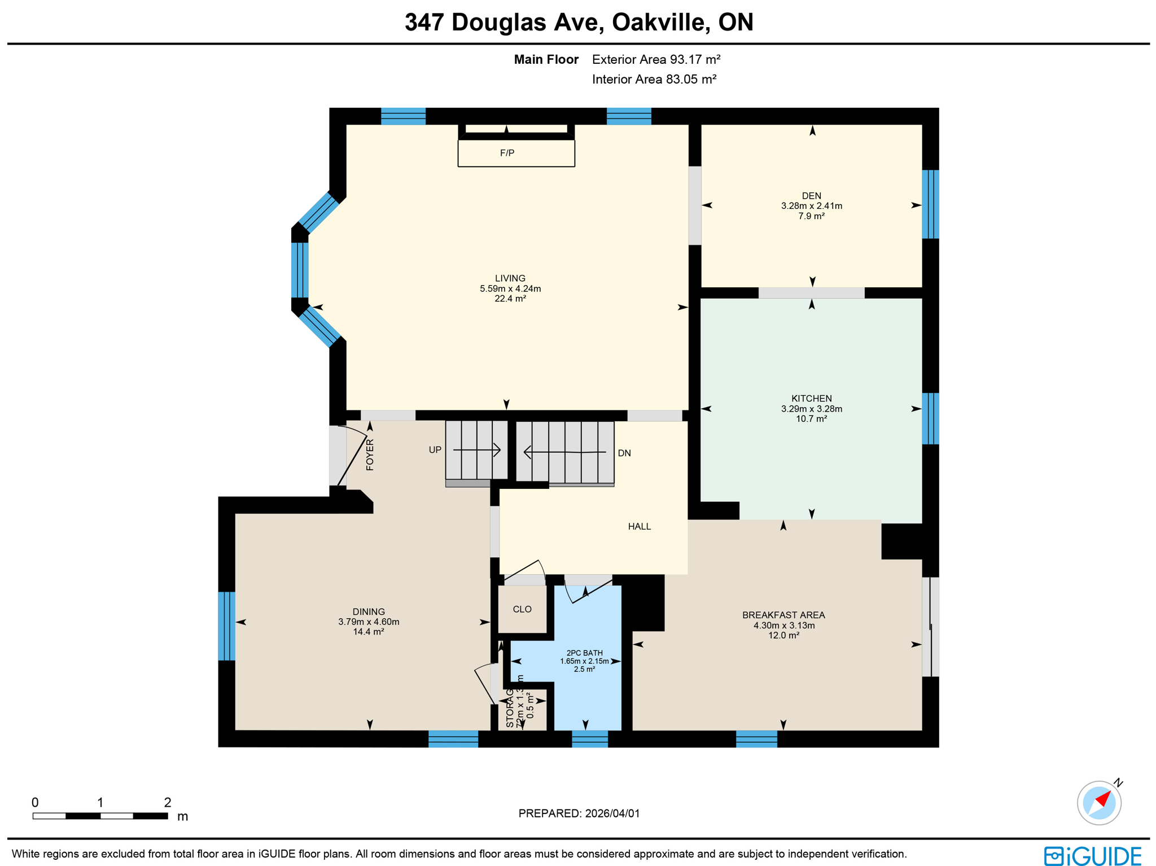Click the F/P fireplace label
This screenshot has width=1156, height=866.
click(x=506, y=153)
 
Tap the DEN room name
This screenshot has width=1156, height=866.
click(x=811, y=196)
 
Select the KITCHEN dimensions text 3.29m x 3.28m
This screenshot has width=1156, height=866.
click(x=811, y=409)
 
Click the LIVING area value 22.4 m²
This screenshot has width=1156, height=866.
click(x=510, y=299)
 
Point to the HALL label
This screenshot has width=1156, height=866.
click(x=639, y=526)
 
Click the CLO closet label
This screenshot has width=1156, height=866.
click(x=522, y=609)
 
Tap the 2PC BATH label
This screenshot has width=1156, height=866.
click(x=584, y=653)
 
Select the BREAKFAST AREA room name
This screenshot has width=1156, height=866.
click(x=783, y=615)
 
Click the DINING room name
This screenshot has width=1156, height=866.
click(x=369, y=611)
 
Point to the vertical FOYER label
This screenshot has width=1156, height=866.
click(x=370, y=454)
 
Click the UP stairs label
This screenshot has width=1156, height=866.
click(x=435, y=450)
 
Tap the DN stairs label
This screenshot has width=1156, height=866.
click(x=624, y=453)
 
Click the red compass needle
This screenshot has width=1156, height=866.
click(x=1104, y=799)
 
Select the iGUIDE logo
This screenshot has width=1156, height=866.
click(x=1092, y=855)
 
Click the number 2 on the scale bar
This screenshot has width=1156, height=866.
click(x=167, y=802)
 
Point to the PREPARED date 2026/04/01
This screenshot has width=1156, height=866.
click(x=612, y=813)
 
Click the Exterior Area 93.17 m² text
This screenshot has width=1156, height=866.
click(x=656, y=59)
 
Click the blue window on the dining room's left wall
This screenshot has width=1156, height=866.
click(x=226, y=626)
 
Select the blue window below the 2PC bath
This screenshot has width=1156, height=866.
click(x=589, y=738)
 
